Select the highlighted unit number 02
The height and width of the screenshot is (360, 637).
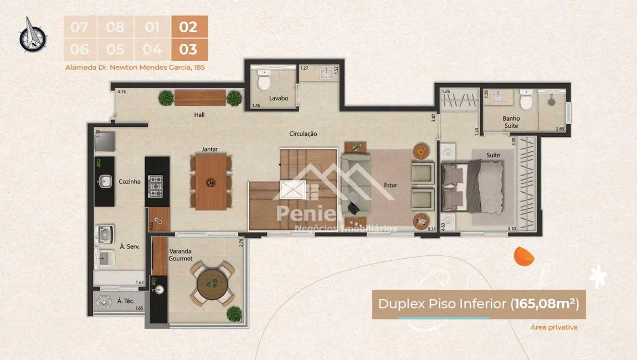pyautogui.click(x=189, y=27)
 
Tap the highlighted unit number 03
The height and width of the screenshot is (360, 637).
pyautogui.click(x=189, y=49)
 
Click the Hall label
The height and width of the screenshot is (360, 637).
pyautogui.click(x=199, y=115)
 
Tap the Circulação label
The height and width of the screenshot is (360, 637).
pyautogui.click(x=302, y=133)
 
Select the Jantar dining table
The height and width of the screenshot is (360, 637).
pyautogui.click(x=211, y=182)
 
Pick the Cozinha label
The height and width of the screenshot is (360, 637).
pyautogui.click(x=130, y=181)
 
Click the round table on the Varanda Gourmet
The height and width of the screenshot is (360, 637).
pyautogui.click(x=211, y=283)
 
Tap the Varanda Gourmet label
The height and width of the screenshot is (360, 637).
pyautogui.click(x=181, y=255)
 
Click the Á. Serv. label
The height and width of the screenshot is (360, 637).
pyautogui.click(x=129, y=247)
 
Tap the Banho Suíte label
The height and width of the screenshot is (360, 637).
pyautogui.click(x=511, y=122)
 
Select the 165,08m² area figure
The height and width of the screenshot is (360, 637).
pyautogui.click(x=547, y=304)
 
